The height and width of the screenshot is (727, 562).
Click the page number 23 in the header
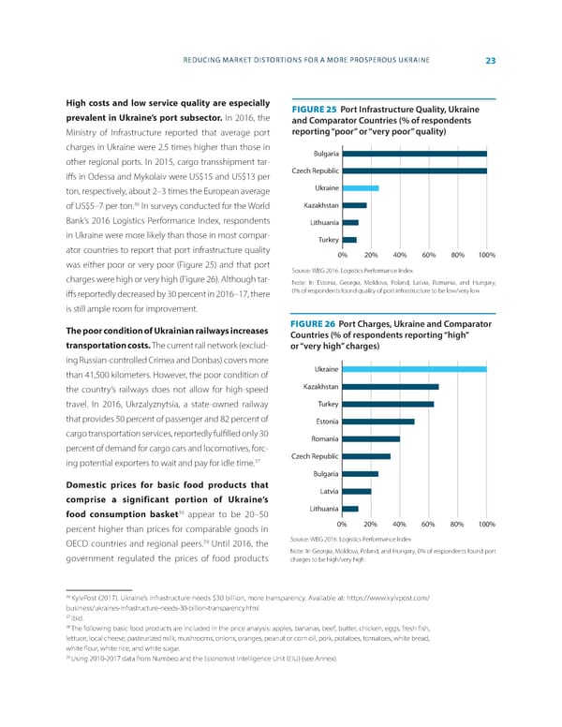[x=490, y=62]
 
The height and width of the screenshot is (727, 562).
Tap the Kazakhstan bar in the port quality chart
[x=355, y=205]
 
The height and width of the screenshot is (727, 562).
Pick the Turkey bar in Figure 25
[x=349, y=239]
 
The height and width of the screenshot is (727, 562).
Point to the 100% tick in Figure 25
[x=485, y=256]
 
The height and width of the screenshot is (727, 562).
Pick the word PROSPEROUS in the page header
[x=365, y=62]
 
